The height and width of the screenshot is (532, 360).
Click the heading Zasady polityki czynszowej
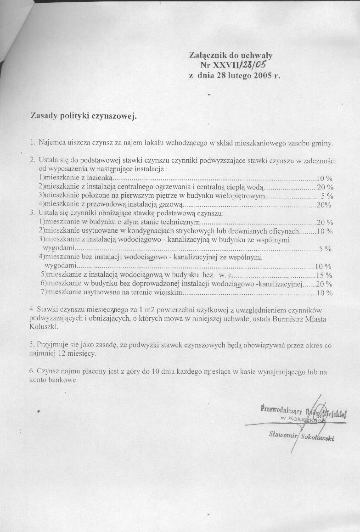point(84,116)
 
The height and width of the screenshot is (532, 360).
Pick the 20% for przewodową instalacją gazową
point(324,204)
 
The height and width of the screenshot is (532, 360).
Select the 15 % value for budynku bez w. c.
point(324,275)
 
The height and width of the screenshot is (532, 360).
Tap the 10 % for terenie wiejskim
point(325,292)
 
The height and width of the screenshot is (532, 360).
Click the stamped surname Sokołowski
point(317,437)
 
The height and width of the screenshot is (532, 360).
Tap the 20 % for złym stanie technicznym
point(325,222)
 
